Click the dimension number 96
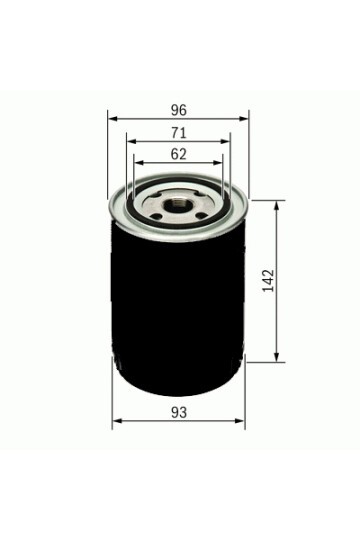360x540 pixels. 179,110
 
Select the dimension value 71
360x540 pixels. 179,133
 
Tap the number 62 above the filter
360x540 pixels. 179,154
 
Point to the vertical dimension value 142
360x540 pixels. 268,281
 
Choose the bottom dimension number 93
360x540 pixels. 179,413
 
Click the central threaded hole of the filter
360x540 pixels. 175,206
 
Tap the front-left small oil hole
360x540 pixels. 157,216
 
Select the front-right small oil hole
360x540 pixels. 201,216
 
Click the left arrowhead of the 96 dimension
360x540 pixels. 113,119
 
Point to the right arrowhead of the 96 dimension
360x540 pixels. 244,119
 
